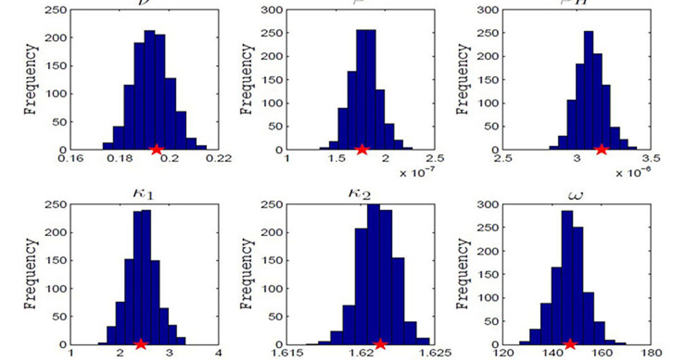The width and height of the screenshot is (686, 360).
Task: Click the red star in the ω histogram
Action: (x=569, y=343)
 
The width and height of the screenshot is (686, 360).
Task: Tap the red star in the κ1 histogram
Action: (x=141, y=343)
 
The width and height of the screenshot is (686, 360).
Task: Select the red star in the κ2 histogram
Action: (x=380, y=343)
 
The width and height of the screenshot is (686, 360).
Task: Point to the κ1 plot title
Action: (x=143, y=194)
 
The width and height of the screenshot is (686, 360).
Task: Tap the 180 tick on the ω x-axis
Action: (x=652, y=354)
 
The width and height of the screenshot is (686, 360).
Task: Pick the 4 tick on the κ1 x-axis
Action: (x=218, y=354)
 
